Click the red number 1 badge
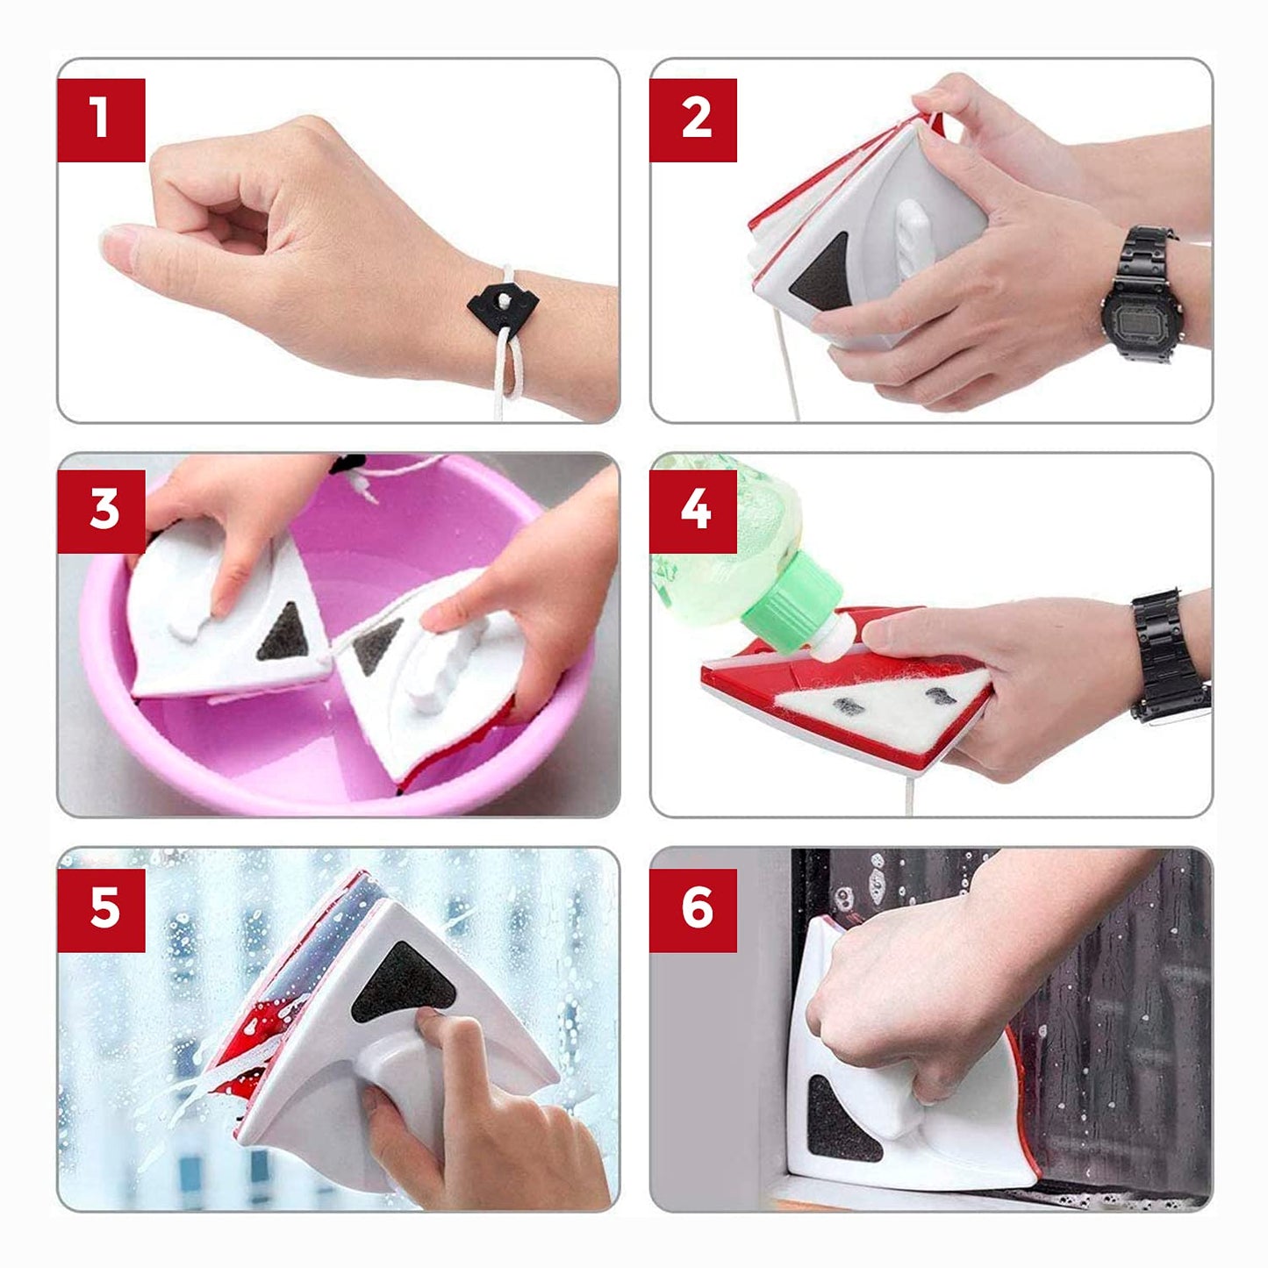point(101,120)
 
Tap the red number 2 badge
point(693,120)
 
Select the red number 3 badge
point(101,512)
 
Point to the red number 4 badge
point(693,512)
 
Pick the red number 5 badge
point(101,910)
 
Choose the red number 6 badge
point(693,910)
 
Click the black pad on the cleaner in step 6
point(841,1115)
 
